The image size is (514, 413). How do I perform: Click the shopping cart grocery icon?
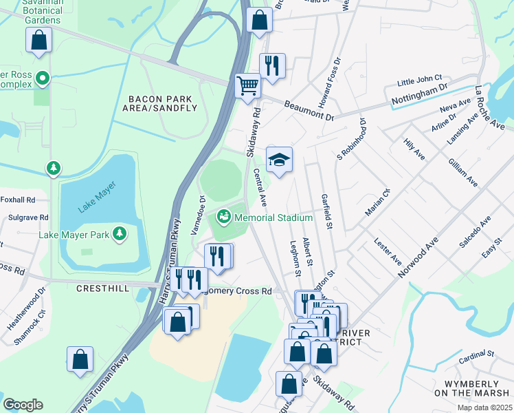[x=247, y=87]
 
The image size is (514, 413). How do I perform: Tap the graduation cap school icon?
[x=279, y=160]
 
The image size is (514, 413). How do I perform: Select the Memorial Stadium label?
[x=273, y=218]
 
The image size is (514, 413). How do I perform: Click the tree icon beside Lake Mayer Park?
[x=120, y=235]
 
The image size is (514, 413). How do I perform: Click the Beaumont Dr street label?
[x=309, y=110]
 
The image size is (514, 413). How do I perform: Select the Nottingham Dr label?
[x=419, y=96]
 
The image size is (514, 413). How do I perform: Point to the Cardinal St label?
[x=477, y=356]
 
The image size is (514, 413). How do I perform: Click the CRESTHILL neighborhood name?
[x=104, y=288]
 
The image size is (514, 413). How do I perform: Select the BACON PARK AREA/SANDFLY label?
[x=160, y=103]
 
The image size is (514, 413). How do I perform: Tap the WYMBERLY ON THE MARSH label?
[x=470, y=388]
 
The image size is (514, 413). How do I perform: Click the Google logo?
[x=23, y=405]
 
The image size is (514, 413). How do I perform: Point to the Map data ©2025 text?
[x=484, y=407]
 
